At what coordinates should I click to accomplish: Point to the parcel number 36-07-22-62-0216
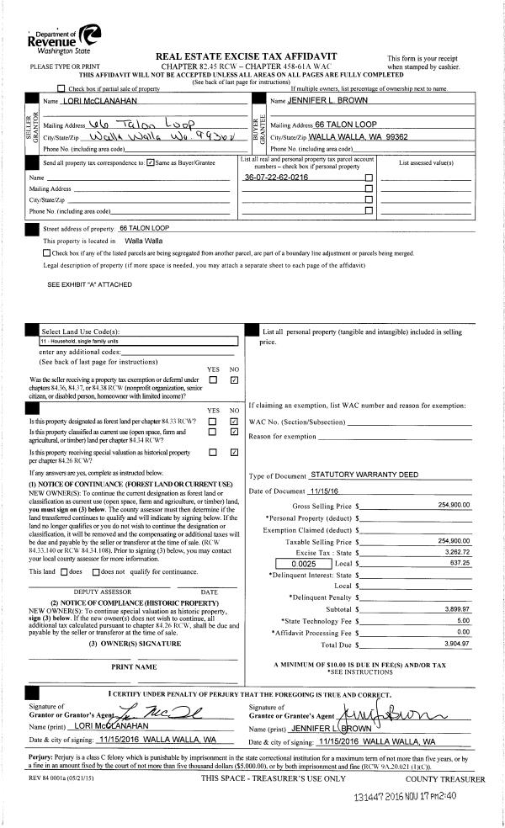[x=276, y=178]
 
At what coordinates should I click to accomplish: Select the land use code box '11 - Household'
[x=140, y=342]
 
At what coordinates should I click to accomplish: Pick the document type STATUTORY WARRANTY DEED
[x=364, y=475]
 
